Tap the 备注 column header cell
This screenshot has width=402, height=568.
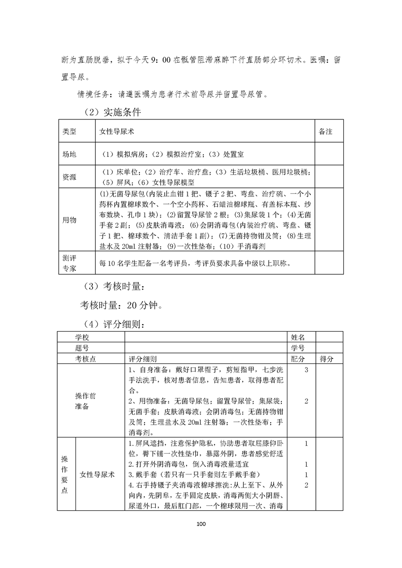point(325,131)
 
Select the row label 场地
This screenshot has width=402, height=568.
point(69,154)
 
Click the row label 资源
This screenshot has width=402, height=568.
point(69,177)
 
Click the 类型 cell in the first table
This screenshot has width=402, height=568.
point(69,131)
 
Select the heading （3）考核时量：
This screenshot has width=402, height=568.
point(113,287)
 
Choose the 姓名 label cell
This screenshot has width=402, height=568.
point(298,337)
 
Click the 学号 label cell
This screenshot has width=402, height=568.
point(298,348)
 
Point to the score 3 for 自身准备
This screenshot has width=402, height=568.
point(306,370)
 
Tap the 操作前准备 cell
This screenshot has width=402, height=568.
point(82,401)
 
